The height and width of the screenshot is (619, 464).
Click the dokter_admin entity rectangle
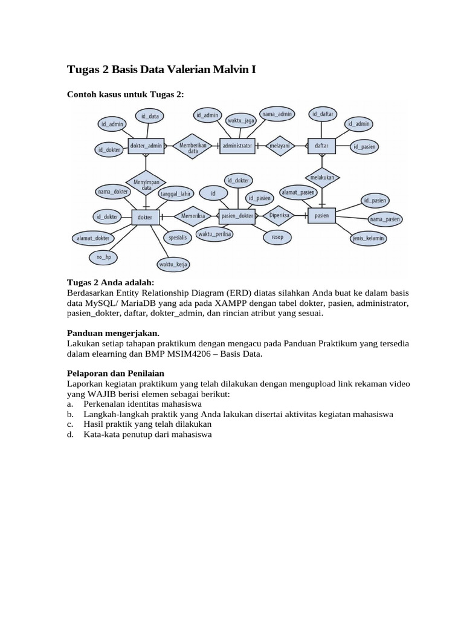146,146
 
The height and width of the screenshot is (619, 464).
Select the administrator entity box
237,146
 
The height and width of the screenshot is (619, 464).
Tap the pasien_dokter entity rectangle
237,216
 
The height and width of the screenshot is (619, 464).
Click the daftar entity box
321,146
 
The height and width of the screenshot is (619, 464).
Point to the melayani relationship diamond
280,146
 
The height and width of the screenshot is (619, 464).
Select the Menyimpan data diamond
146,183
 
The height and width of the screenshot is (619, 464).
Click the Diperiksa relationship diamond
280,215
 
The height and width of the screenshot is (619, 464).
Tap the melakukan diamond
321,178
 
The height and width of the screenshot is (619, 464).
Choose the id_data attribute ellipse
150,115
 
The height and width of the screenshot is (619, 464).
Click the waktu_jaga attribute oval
240,121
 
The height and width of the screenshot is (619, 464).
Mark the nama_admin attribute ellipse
277,114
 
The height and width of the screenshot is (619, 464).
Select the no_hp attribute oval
104,258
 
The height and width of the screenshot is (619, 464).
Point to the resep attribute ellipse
277,238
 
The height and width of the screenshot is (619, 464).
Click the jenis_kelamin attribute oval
368,238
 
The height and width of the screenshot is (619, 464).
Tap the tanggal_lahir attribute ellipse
176,193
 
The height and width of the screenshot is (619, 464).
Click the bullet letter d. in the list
70,435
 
